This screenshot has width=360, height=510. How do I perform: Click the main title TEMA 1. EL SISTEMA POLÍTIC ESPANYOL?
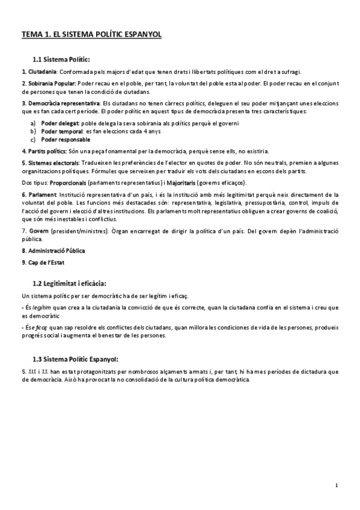click(x=91, y=35)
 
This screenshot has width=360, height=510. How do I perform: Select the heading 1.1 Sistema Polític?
click(x=61, y=59)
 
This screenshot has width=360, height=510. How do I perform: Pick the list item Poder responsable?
click(x=66, y=140)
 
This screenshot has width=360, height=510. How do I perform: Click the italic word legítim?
click(x=40, y=307)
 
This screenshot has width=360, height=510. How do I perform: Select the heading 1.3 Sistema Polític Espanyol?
click(x=76, y=358)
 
